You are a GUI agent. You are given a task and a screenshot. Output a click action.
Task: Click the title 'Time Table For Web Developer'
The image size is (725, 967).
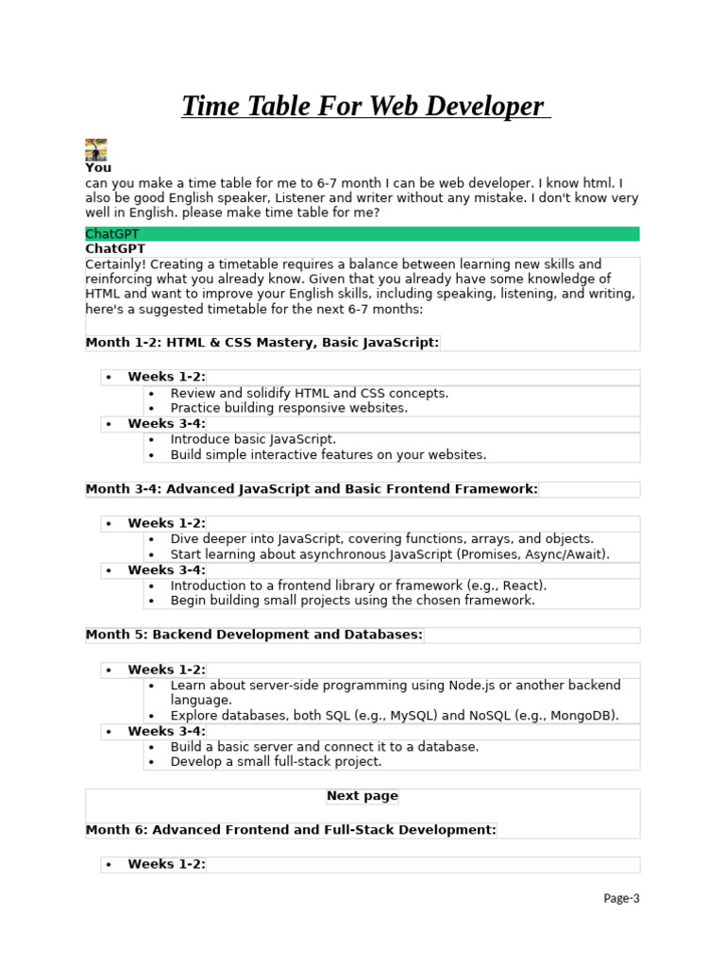pos(363,106)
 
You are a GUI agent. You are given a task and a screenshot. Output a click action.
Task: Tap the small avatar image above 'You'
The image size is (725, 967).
pos(95,149)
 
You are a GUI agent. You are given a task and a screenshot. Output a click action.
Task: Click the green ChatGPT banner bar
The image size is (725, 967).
pos(362,233)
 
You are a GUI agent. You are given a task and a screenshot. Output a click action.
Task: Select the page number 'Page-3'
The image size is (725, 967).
pos(621,898)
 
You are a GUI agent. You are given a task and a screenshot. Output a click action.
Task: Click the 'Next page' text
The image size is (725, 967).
pos(362,796)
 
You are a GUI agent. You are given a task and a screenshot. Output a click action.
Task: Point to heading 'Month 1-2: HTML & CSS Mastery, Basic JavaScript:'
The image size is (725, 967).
pos(262,342)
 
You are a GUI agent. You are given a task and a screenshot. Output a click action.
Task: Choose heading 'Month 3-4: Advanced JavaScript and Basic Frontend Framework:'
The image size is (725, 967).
pos(312,489)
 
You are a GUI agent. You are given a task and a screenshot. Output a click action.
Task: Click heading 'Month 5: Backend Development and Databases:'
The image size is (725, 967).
pos(254,635)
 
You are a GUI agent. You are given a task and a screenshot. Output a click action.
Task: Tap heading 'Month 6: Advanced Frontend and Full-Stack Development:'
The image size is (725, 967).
pos(291,830)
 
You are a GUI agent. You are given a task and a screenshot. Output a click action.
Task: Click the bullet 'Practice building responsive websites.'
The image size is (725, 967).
pos(289,408)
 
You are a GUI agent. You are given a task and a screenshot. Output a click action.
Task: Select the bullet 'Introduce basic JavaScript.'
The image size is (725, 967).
pos(253,439)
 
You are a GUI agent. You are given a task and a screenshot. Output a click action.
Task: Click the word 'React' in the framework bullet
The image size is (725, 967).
pos(522,585)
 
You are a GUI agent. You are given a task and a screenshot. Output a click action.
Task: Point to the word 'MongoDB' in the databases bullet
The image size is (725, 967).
pos(583,715)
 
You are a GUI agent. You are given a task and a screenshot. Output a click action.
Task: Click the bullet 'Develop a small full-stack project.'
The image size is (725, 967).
pos(276,761)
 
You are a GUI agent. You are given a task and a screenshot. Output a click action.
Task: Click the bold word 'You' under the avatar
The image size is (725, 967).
pos(98,168)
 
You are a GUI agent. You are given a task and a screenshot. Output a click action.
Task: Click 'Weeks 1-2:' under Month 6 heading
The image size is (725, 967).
pos(166,864)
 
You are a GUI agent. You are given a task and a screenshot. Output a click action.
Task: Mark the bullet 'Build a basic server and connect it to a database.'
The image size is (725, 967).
pos(325,746)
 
